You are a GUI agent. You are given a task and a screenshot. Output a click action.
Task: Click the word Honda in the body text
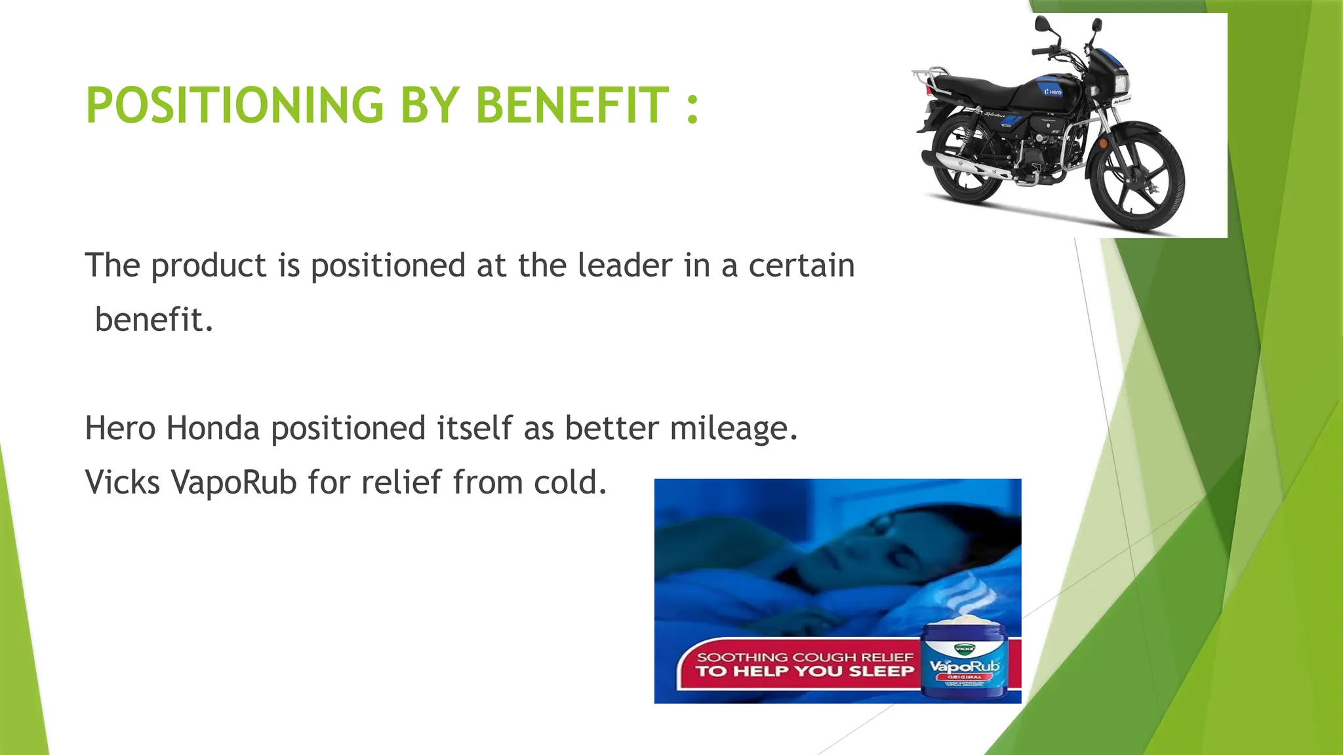point(212,428)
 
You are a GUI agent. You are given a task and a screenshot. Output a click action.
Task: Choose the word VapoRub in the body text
point(234,482)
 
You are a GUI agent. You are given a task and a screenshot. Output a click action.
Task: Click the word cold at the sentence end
point(570,482)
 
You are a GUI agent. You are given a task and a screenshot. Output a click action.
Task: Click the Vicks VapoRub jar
point(964,661)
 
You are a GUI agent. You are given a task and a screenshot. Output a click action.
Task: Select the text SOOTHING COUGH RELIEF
point(805,657)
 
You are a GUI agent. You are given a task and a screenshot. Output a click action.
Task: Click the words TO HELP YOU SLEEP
point(805,671)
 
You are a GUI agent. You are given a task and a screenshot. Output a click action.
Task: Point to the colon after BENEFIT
point(692,107)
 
